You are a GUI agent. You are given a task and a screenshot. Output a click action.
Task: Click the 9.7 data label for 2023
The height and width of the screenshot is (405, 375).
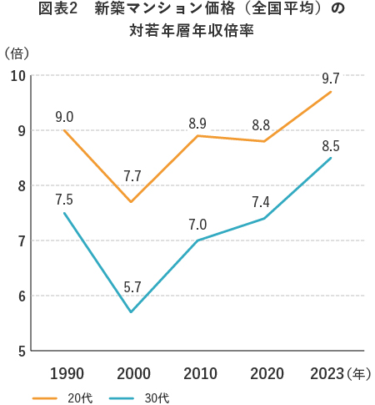click(331, 79)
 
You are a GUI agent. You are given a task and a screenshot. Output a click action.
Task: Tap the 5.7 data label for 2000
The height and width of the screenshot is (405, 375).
click(132, 287)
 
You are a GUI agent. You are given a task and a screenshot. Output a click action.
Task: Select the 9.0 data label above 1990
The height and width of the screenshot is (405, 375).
click(65, 117)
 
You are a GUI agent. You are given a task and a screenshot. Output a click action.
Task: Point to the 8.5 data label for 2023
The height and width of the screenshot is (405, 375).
click(331, 145)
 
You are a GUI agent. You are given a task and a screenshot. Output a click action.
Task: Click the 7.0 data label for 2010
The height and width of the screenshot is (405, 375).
click(198, 224)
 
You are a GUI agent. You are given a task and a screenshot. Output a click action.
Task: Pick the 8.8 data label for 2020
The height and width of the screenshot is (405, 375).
click(264, 125)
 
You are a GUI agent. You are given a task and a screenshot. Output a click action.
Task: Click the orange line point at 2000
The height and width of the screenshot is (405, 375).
click(131, 202)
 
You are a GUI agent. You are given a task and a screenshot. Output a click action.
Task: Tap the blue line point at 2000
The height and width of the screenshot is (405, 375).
click(131, 312)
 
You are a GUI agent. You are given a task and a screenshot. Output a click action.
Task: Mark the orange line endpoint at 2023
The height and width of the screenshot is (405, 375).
click(331, 92)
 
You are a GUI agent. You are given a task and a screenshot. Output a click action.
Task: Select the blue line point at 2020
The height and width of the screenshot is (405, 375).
click(264, 219)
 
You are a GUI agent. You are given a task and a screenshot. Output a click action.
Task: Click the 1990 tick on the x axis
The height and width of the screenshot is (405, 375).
click(66, 372)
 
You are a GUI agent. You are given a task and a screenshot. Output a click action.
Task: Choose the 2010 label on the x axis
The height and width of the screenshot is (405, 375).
click(198, 372)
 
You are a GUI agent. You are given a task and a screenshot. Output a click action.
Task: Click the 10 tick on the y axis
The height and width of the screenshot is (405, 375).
click(17, 76)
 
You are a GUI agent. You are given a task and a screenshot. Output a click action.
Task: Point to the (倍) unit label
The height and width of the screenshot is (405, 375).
click(17, 53)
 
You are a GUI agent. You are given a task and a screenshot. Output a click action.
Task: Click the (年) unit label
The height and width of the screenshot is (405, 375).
click(360, 373)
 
